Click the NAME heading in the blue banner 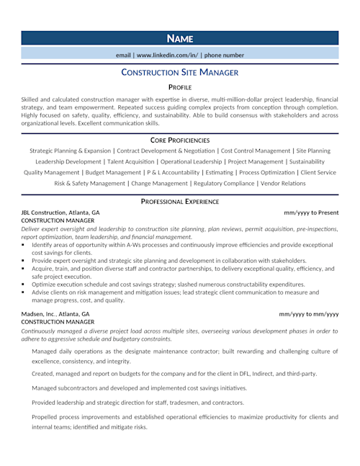(179, 38)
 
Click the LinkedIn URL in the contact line (168, 55)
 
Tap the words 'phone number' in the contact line (223, 55)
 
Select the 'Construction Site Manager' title (179, 72)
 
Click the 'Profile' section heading (179, 87)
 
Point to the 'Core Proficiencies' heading (179, 139)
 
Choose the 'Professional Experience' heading (179, 202)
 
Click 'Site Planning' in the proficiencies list (313, 151)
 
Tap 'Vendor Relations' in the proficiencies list (283, 184)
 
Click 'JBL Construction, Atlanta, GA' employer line (60, 213)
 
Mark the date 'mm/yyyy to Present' (311, 213)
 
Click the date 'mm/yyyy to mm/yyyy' (310, 315)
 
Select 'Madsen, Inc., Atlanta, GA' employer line (55, 315)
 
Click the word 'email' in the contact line (123, 55)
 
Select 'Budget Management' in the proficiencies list (112, 173)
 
